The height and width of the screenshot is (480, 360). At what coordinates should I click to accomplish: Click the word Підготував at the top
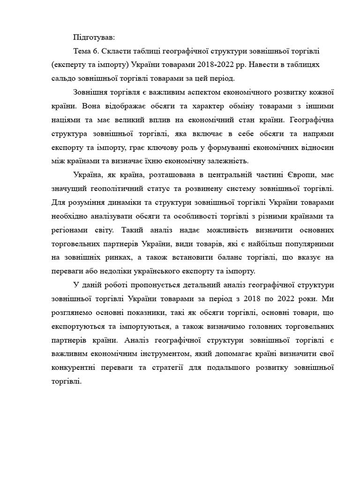[90, 37]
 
